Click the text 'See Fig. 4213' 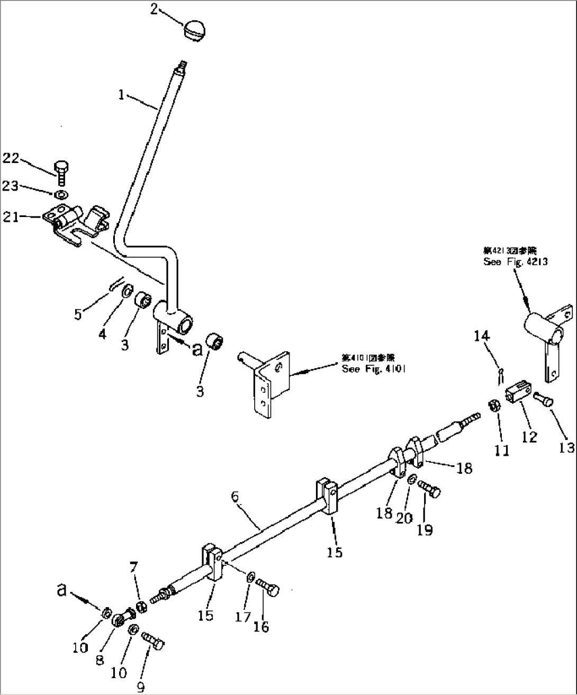coord(515,261)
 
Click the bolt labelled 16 coord(268,587)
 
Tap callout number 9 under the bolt coord(140,687)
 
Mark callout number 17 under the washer coord(242,617)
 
